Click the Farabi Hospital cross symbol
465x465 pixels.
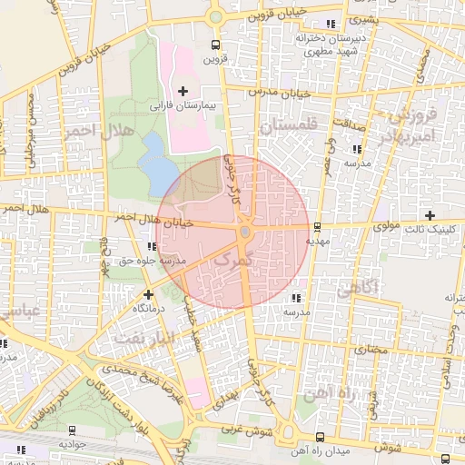tap(184, 90)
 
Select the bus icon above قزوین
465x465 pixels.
tap(215, 45)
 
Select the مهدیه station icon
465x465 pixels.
tap(316, 227)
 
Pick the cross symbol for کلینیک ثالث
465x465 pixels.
tap(442, 214)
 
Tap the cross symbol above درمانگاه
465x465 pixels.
tap(148, 294)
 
